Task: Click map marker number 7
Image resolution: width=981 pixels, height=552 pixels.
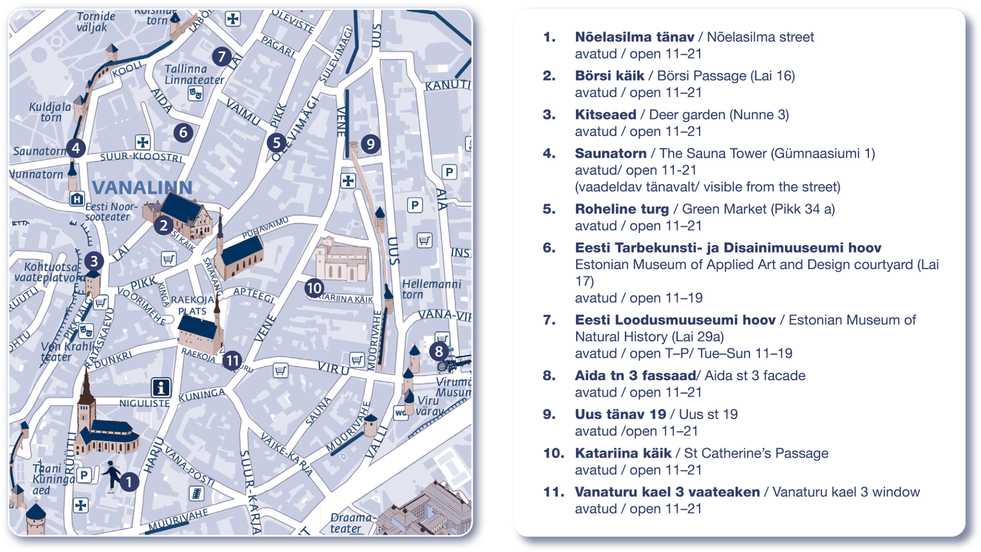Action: point(221,56)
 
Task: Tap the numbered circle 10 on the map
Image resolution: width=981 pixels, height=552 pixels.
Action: point(314,288)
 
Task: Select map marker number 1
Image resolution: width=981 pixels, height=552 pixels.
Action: point(129,481)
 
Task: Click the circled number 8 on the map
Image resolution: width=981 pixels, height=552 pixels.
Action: point(438,352)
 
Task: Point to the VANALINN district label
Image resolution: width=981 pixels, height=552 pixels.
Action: point(142,188)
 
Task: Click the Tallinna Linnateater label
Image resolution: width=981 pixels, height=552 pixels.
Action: point(194,74)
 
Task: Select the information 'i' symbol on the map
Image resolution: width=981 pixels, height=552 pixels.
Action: point(161,387)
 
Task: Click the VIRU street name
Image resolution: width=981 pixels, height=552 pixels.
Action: point(333,367)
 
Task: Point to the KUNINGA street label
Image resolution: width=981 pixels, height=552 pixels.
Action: point(202,395)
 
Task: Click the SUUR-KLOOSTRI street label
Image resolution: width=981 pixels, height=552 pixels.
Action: point(141,157)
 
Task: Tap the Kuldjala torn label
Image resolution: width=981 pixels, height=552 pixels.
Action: point(50,112)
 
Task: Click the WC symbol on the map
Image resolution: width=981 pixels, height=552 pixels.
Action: point(401,412)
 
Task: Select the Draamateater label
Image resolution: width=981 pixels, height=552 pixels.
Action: point(351,523)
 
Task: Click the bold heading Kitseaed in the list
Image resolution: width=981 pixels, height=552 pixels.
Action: point(605,114)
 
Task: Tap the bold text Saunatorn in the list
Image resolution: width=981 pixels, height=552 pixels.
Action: point(611,153)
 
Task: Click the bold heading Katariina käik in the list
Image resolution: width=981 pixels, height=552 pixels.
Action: point(623,453)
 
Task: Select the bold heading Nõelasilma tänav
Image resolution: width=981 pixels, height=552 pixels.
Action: point(634,37)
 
